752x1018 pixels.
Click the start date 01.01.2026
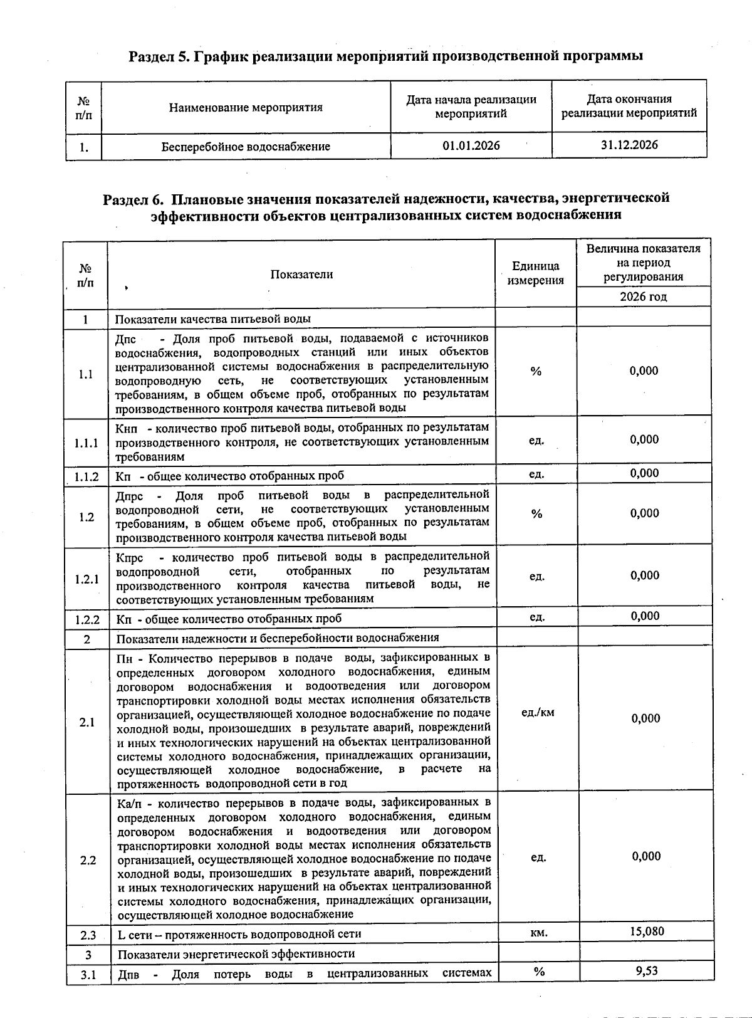(471, 146)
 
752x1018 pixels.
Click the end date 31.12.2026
(629, 145)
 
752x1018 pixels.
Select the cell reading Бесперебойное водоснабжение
(246, 147)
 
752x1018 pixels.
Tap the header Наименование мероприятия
(246, 107)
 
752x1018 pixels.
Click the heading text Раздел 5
(159, 56)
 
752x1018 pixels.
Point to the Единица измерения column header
(535, 273)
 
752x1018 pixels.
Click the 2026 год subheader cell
(643, 296)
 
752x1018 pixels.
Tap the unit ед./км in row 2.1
(538, 712)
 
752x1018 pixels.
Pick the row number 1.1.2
(86, 476)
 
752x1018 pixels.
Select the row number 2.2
(88, 860)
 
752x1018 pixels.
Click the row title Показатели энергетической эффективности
(236, 953)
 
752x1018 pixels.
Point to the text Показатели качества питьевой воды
(212, 318)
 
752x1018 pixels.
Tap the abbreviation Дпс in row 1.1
(126, 339)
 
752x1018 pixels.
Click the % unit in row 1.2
(536, 514)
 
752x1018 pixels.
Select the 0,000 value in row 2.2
(646, 856)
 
